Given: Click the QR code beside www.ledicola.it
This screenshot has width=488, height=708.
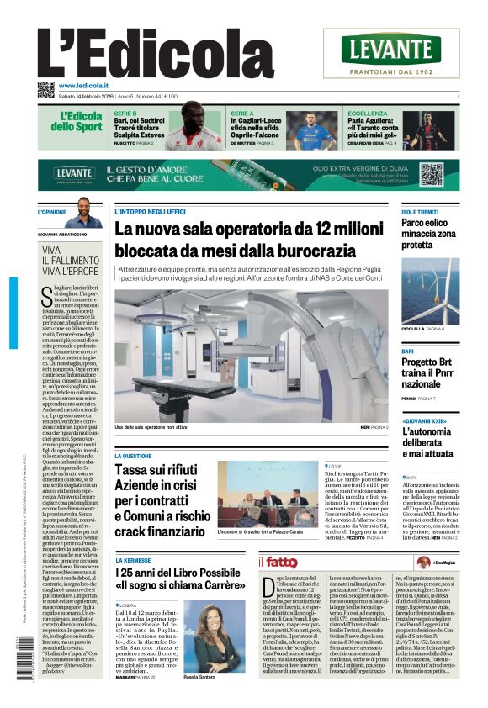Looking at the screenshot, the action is [46, 90].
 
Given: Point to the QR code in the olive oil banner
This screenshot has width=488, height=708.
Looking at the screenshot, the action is [431, 174].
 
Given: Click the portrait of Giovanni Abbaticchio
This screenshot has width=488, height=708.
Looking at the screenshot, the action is [84, 214].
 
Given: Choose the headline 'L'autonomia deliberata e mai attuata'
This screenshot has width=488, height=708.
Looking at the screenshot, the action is [432, 443].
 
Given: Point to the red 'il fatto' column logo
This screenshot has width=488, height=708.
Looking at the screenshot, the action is [278, 562].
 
